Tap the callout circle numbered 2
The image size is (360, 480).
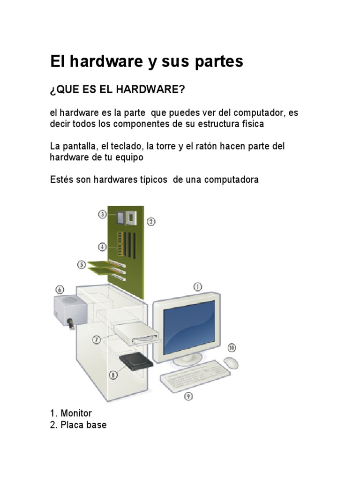[151, 222]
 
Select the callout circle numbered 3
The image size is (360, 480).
[102, 214]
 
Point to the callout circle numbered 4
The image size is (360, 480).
[102, 246]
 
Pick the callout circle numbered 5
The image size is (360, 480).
[82, 265]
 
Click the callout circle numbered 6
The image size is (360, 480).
[60, 289]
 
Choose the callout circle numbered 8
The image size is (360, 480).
[112, 374]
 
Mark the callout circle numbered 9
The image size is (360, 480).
[188, 397]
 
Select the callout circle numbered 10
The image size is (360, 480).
[232, 347]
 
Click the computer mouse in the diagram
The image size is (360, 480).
[231, 363]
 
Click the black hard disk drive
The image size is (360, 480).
[137, 361]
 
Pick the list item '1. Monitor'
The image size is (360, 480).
[71, 413]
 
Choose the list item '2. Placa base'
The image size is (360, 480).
[78, 425]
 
